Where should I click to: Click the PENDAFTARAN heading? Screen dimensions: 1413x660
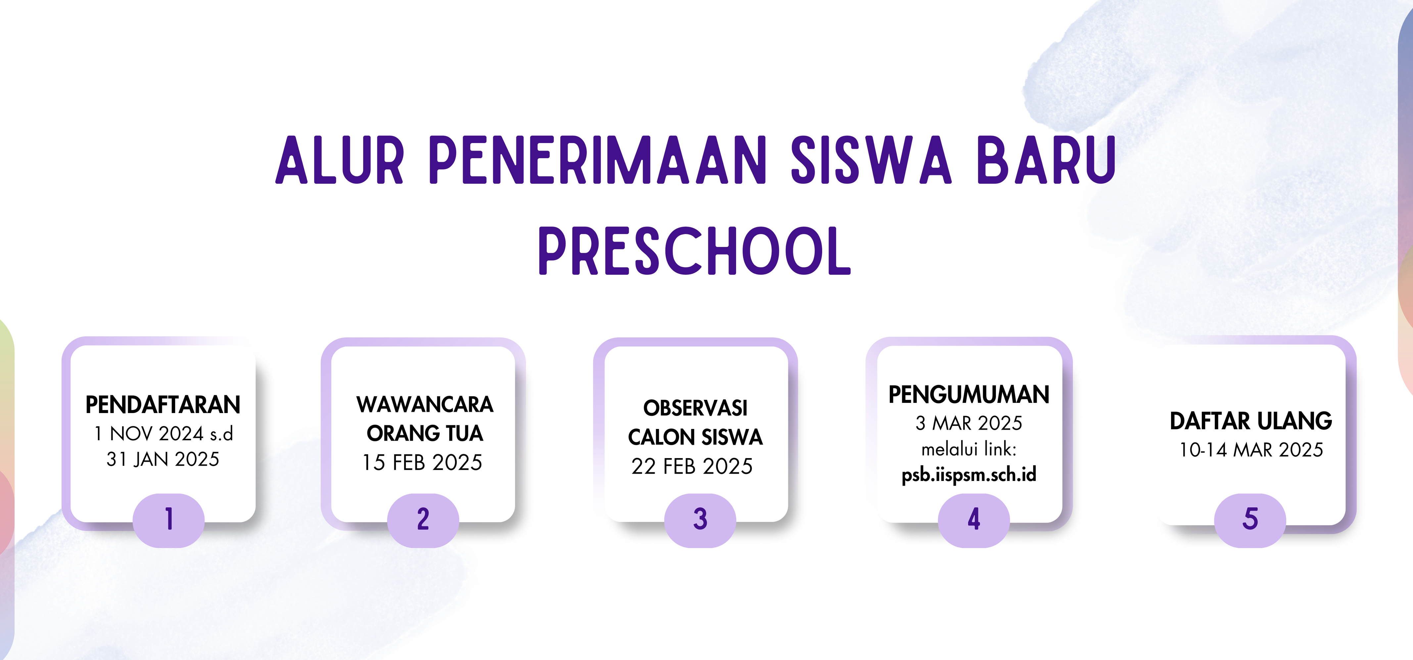[x=163, y=405]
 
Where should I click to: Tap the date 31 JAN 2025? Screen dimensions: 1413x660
[x=163, y=459]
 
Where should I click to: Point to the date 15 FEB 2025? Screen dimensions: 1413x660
[x=422, y=462]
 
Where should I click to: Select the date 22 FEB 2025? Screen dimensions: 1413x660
[x=692, y=466]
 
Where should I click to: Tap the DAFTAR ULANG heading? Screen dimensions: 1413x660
[x=1251, y=421]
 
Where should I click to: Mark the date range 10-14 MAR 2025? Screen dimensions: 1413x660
[x=1251, y=450]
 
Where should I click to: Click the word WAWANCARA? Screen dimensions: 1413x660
[x=425, y=404]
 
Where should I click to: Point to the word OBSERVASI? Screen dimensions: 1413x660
[x=695, y=408]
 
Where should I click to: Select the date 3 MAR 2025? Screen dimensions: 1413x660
[x=969, y=423]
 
